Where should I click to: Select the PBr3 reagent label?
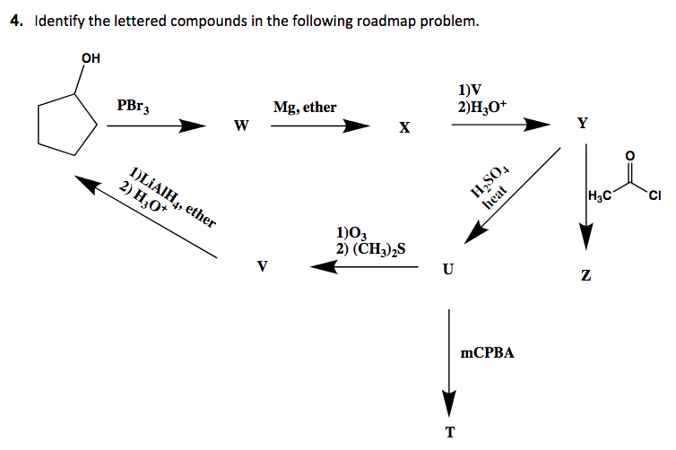coord(134,106)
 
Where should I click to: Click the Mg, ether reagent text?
coord(305,108)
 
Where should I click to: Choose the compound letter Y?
coord(583,124)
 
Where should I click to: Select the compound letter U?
coord(447,268)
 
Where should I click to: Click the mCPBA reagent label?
coord(487,353)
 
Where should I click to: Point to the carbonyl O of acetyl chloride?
coord(629,156)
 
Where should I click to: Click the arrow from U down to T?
coord(449,359)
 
